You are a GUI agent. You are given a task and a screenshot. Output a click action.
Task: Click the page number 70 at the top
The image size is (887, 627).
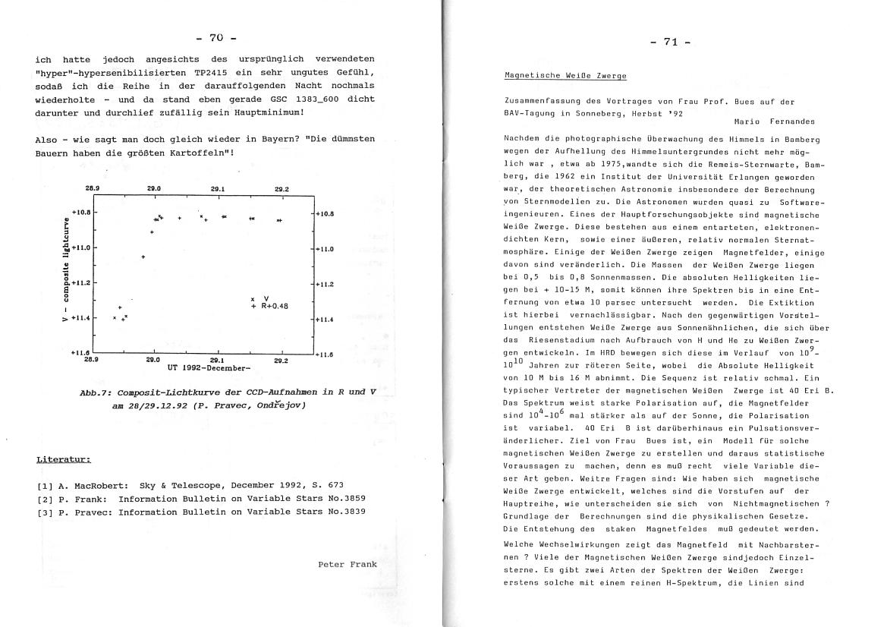click(x=217, y=39)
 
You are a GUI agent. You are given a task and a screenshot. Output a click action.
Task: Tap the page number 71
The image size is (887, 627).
click(x=671, y=42)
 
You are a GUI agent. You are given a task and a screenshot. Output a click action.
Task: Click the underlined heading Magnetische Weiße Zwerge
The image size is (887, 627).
click(x=565, y=76)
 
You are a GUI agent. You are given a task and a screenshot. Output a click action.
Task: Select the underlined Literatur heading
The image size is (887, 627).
click(x=64, y=460)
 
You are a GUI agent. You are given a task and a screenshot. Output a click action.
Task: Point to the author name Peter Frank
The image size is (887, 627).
click(x=348, y=564)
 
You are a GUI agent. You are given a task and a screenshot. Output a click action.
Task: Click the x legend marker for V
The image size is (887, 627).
click(x=253, y=299)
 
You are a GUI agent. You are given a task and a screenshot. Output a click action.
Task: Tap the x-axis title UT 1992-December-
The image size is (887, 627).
click(x=209, y=368)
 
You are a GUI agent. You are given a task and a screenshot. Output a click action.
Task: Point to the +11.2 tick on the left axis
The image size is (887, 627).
click(x=80, y=282)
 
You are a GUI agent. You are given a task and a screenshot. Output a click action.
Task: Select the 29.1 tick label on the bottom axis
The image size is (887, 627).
click(x=217, y=361)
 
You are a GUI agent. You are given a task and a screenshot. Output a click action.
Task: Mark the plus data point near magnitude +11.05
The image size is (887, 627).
click(x=143, y=257)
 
